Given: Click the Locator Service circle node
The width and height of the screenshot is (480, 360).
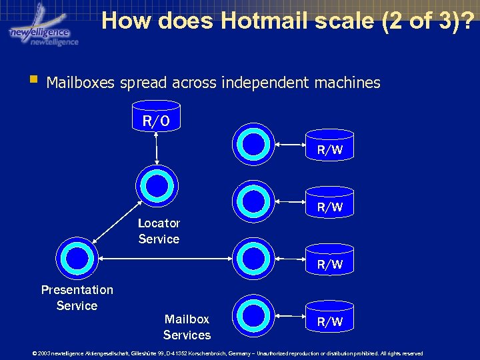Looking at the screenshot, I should click(157, 183).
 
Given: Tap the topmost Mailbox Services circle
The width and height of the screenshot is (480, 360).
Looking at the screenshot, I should click(254, 142).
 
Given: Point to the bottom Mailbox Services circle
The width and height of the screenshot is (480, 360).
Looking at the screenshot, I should click(254, 314).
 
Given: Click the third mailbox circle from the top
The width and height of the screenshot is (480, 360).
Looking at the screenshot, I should click(254, 257).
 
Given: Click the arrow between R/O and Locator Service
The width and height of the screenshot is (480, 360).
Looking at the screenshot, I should click(156, 147).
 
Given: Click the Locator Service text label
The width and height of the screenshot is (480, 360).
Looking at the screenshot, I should click(159, 231).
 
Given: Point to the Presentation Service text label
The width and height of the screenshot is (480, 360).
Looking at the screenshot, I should click(77, 297).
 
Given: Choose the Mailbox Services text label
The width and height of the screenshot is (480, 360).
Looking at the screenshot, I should click(187, 327).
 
